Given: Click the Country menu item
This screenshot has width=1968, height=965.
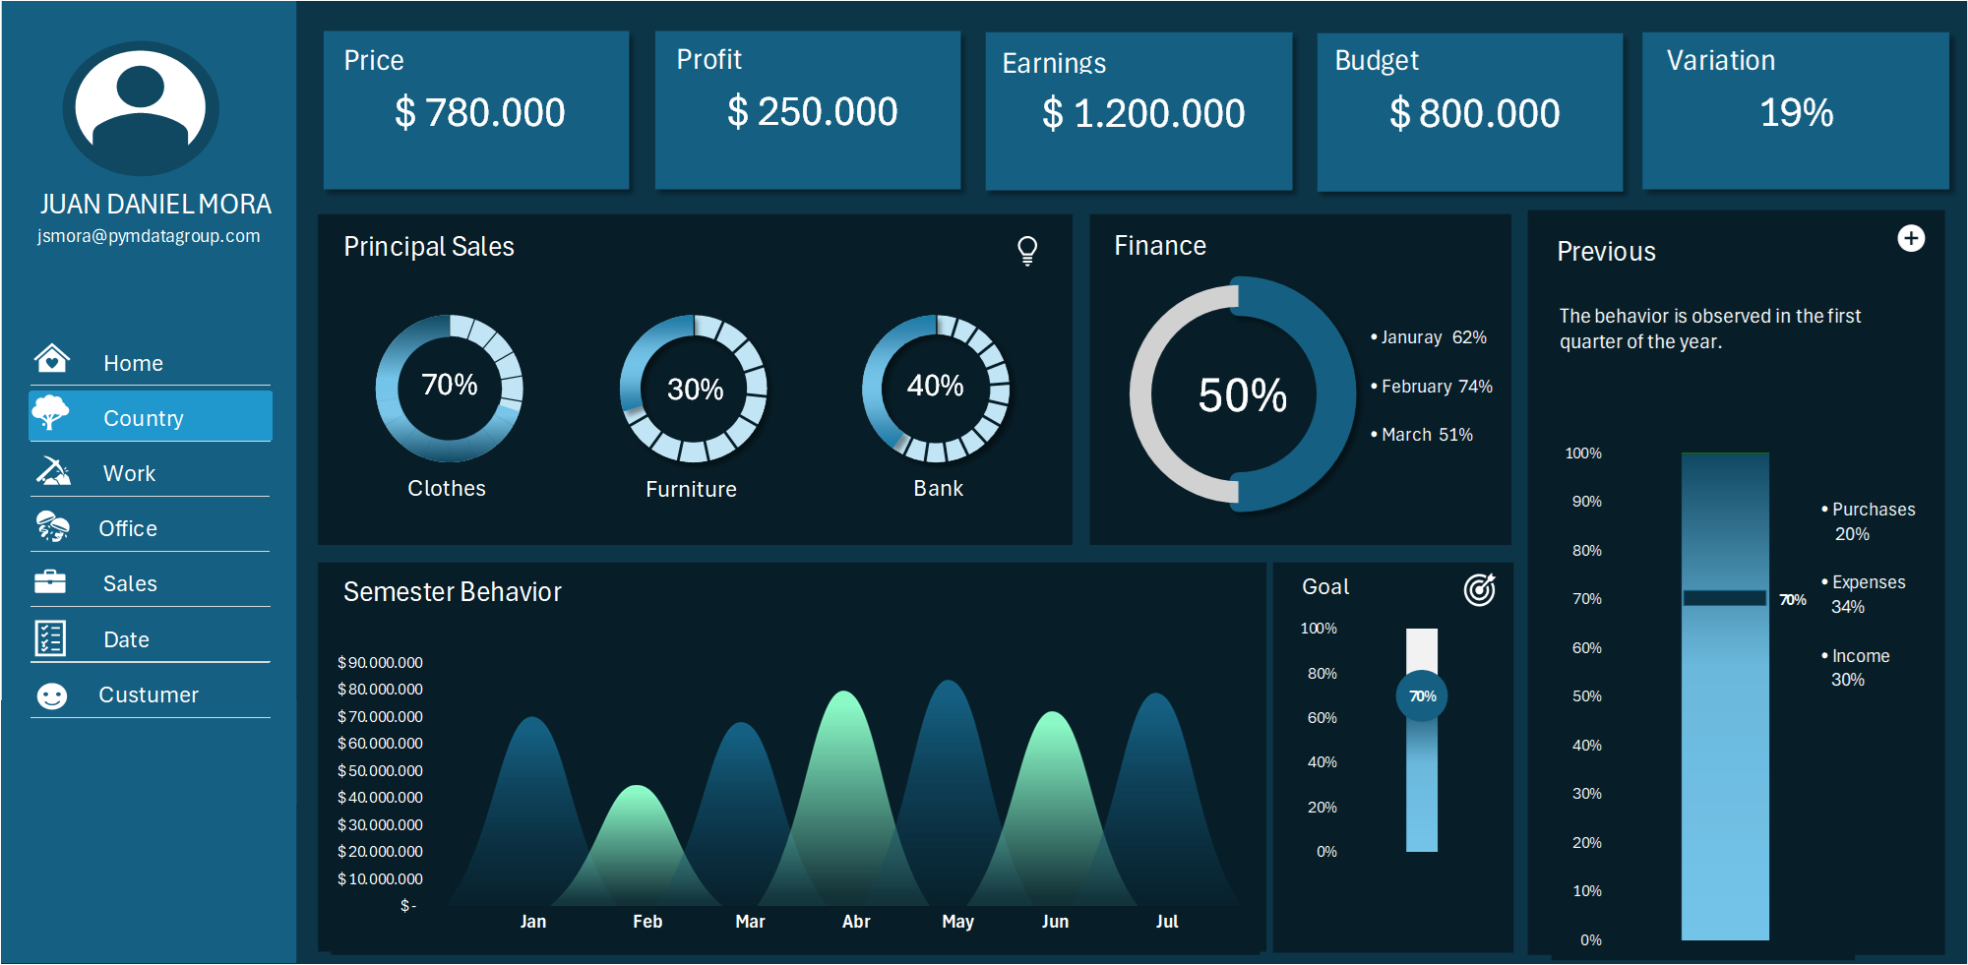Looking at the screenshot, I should point(144,418).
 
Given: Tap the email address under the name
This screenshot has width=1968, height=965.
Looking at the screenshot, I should point(149,236).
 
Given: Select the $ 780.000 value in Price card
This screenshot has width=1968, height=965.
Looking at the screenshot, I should point(479,112).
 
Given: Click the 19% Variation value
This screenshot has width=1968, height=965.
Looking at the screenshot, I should point(1796,113).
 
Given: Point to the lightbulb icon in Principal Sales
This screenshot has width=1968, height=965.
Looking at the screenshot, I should point(1027,250).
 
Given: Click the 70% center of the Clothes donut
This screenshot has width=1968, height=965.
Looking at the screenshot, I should point(449,385).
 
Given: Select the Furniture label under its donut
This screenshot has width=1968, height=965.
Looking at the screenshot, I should point(691,489).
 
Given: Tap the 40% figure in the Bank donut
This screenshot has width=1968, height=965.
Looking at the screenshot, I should point(935,386).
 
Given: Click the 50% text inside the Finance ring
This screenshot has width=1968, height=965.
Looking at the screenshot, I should point(1242,395).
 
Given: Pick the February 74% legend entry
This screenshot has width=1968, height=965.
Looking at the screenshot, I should point(1435,387).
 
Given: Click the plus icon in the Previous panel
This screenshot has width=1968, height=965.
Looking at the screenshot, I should point(1910,239).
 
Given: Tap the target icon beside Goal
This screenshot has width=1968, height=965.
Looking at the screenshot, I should point(1479,589).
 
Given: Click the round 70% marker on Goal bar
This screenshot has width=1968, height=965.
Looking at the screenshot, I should point(1422,696).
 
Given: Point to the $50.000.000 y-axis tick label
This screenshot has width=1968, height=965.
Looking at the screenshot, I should point(380,770).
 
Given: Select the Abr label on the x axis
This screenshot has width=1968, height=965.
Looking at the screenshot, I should point(855,922).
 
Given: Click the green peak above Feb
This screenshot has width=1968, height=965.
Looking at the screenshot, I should point(638,793).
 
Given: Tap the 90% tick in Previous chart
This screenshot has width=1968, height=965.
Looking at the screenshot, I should point(1586,502).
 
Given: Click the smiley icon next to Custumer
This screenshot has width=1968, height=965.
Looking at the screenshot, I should point(51,696).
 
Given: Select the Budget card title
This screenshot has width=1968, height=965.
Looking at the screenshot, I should point(1376,61).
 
